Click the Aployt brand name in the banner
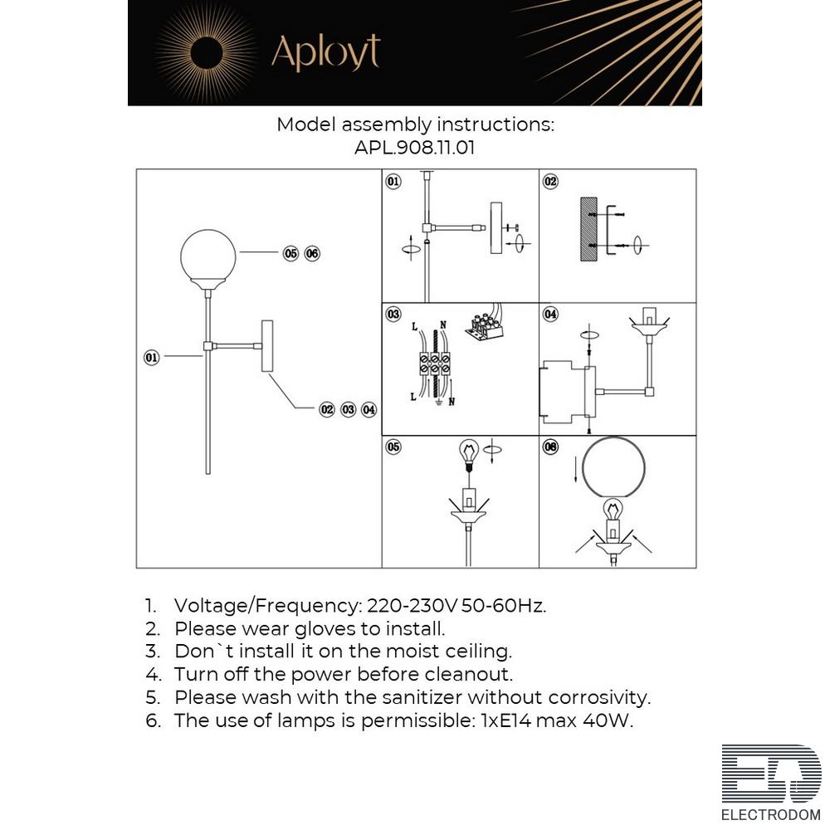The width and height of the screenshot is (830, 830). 325,52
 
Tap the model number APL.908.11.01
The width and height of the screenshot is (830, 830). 414,147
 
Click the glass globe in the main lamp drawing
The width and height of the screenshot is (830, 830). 208,256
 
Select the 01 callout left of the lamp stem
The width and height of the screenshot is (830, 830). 151,357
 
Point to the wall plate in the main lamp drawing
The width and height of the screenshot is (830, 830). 267,345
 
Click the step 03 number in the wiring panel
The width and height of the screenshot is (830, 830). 393,314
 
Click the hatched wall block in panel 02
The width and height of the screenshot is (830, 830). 588,229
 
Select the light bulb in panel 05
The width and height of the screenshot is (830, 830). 468,455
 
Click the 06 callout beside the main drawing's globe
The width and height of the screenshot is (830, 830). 312,253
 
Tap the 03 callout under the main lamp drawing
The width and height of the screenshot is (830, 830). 349,410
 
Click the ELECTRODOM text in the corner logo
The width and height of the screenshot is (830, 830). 771,815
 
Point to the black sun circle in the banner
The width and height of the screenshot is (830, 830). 206,53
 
